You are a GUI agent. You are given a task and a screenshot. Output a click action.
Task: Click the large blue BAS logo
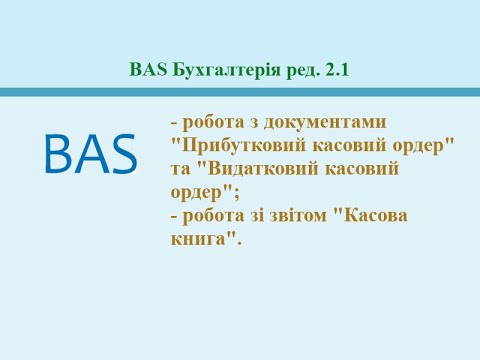click(91, 152)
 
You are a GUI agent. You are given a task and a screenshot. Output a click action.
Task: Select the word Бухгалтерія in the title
click(221, 70)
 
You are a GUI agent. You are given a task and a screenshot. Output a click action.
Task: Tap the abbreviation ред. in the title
click(300, 70)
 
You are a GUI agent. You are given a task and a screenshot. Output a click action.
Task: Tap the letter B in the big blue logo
click(58, 152)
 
